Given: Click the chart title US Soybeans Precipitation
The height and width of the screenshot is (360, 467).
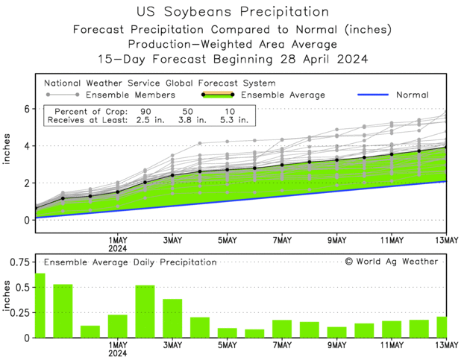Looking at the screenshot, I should click(x=233, y=12).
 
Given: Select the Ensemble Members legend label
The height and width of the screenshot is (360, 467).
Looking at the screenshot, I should click(x=131, y=95).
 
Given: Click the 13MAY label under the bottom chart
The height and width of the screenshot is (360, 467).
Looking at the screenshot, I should click(x=445, y=345).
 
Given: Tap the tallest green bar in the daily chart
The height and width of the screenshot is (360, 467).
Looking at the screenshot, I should click(x=40, y=306).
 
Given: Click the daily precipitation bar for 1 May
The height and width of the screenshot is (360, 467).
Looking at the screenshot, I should click(x=118, y=326).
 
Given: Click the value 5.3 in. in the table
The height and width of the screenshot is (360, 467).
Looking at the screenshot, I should click(x=231, y=121).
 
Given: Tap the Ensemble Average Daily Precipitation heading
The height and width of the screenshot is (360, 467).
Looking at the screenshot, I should click(x=130, y=262).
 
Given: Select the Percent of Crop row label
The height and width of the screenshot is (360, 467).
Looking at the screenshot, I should click(x=85, y=111).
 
